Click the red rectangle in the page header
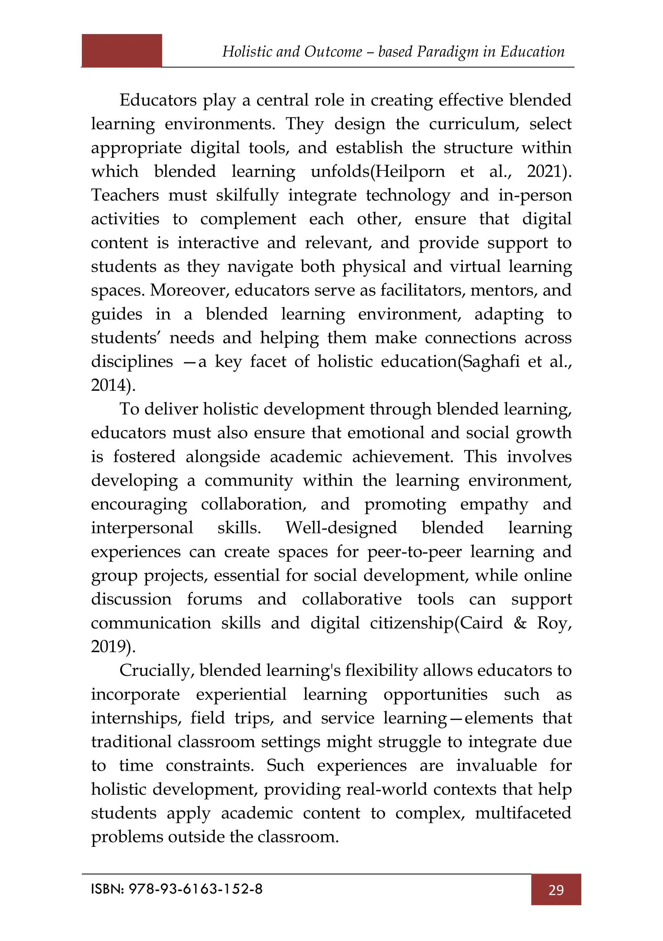(x=122, y=51)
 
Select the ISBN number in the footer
(x=196, y=889)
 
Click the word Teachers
(x=125, y=195)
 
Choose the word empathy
(x=494, y=505)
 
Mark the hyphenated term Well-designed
(x=341, y=528)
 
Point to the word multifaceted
(x=523, y=813)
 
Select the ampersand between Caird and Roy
(x=520, y=623)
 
